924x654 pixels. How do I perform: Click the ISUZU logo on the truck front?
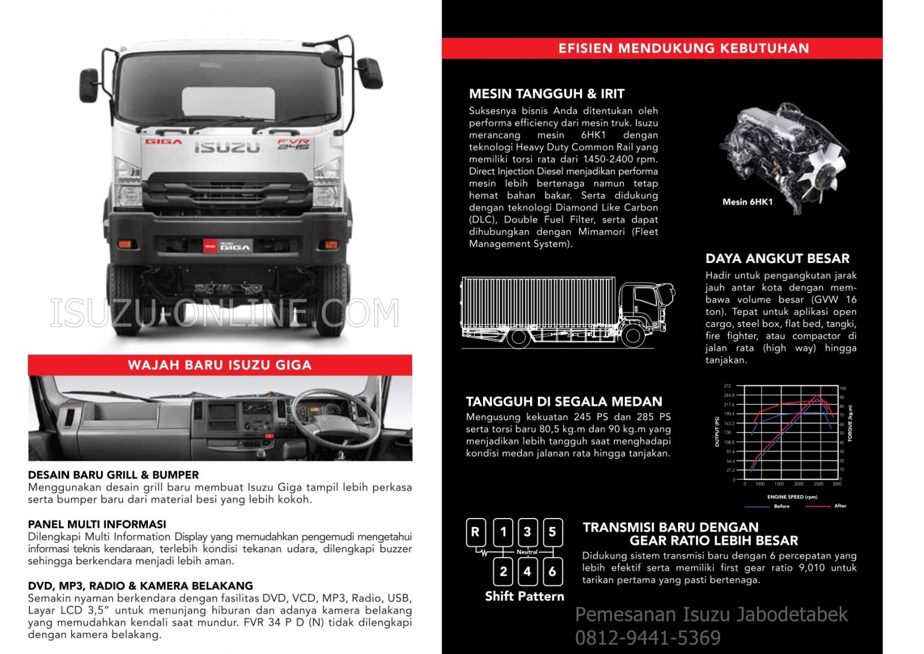pos(227,147)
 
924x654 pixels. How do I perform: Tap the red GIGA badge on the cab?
pos(163,142)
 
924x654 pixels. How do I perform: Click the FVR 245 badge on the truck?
pos(293,144)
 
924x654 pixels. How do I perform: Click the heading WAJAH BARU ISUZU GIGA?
pos(220,365)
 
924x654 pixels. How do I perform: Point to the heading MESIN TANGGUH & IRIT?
pos(546,94)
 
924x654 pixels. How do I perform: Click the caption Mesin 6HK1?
pos(747,202)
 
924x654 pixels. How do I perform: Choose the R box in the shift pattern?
pos(475,532)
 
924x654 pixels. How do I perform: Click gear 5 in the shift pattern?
pos(552,532)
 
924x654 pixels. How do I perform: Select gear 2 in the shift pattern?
pos(504,572)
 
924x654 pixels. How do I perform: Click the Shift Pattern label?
pos(525,596)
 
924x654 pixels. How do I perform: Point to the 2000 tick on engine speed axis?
pos(798,484)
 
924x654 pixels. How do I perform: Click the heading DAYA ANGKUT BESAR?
pos(777,259)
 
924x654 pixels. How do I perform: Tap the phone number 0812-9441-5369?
pos(647,638)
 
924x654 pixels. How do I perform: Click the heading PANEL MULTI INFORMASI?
pos(97,524)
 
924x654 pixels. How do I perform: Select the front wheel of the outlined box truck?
pos(632,336)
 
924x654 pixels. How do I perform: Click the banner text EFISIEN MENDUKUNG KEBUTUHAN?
pos(683,48)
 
